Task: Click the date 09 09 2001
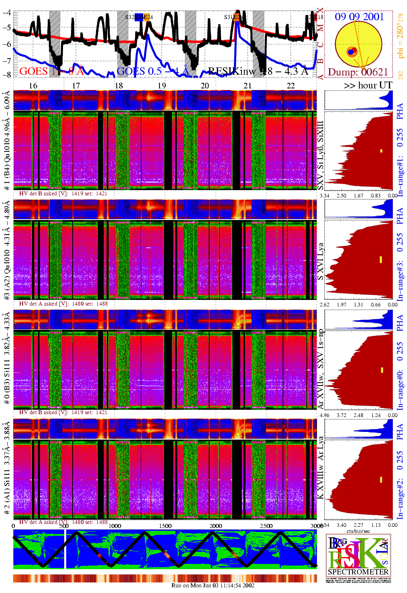(359, 17)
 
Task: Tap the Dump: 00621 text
(358, 72)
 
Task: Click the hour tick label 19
(162, 86)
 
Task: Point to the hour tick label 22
(291, 86)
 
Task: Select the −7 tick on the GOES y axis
(7, 60)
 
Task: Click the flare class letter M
(320, 28)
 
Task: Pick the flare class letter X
(320, 11)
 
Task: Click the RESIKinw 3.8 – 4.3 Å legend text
(258, 72)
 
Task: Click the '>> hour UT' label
(368, 86)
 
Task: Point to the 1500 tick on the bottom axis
(165, 526)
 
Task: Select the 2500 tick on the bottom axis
(266, 526)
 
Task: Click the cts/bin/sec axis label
(358, 531)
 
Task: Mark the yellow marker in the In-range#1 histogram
(381, 151)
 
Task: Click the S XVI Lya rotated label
(320, 262)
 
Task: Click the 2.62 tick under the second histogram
(324, 305)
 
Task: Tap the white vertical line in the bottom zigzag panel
(65, 549)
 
